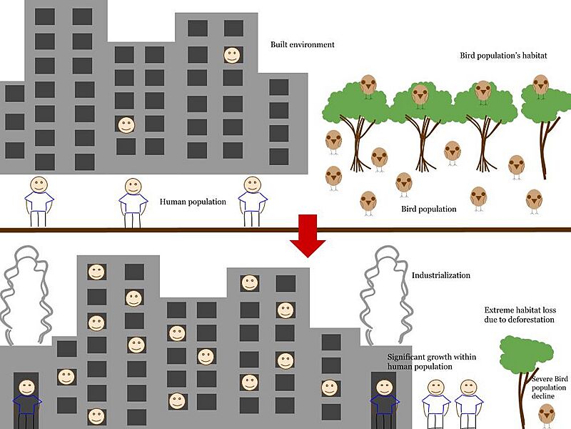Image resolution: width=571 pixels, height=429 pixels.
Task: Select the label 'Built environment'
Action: coord(302,45)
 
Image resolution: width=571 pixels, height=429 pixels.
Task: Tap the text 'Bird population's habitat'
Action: coord(503,56)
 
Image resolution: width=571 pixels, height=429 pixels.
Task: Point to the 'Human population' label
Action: coord(193,202)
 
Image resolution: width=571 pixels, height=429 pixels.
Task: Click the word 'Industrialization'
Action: coord(441,275)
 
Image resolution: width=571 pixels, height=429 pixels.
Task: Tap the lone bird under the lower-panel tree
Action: coord(547,414)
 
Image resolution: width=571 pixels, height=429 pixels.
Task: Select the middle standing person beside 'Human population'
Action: coord(133,202)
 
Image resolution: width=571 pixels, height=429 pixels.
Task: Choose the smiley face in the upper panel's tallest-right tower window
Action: coord(232,54)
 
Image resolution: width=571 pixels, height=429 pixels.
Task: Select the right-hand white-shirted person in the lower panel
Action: coord(469,404)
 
